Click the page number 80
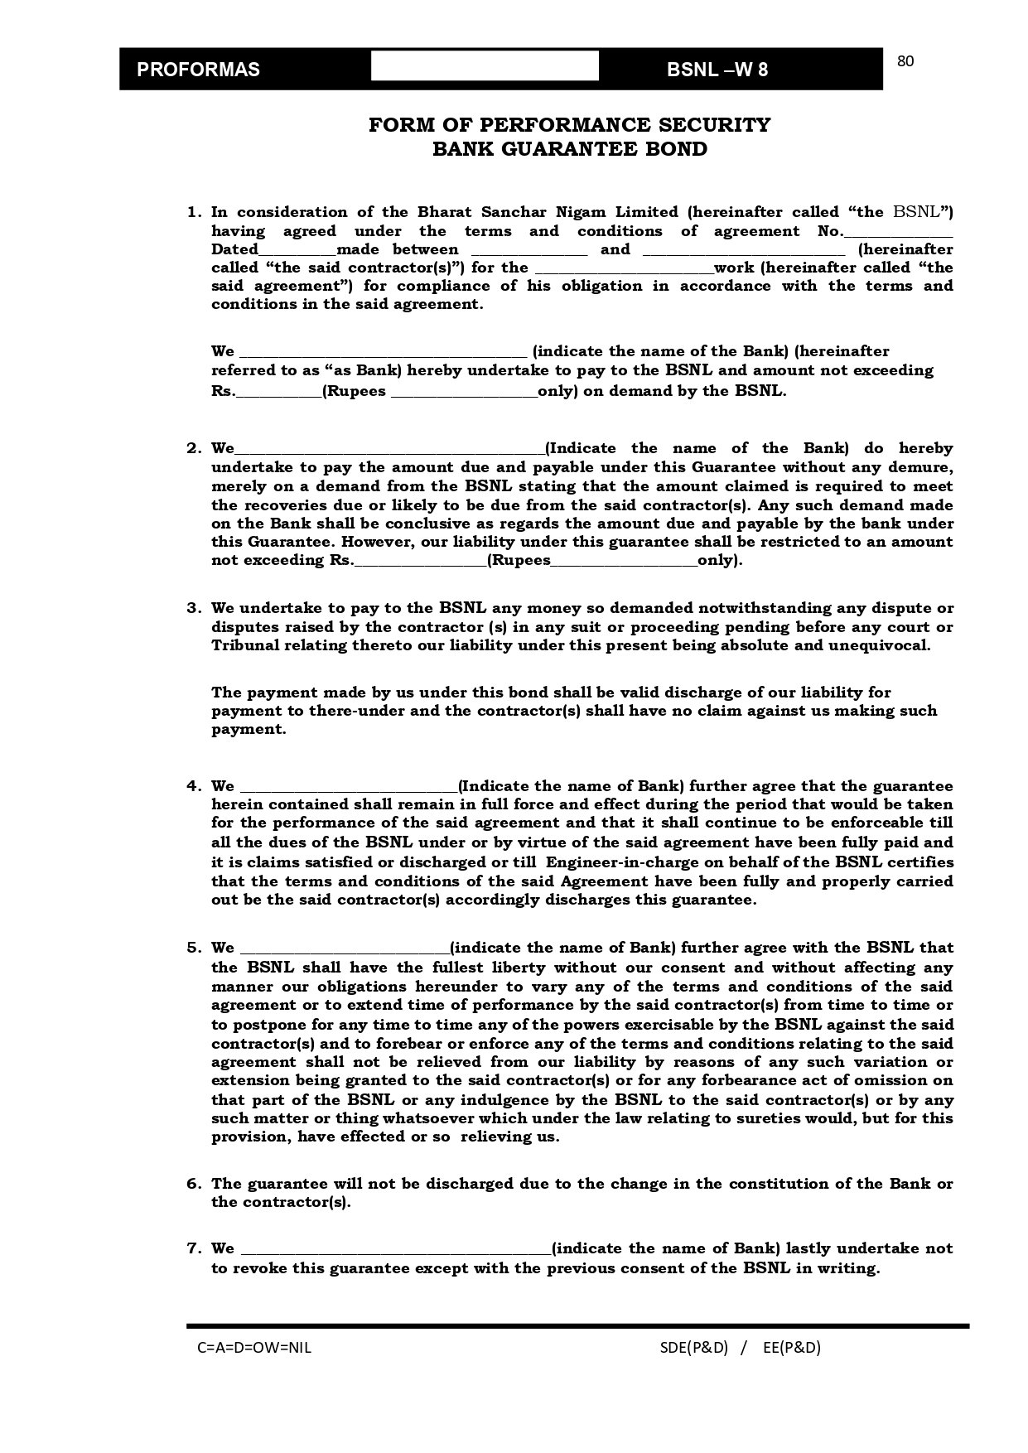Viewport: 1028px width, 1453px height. (x=905, y=61)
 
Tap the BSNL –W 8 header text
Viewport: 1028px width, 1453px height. (x=717, y=70)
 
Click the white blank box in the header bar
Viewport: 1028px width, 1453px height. (x=485, y=66)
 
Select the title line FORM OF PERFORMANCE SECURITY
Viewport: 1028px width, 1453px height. (x=569, y=125)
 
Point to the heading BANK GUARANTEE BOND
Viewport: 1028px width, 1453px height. (x=569, y=149)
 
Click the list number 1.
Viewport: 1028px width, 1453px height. (x=193, y=212)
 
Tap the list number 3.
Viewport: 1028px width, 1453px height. (x=193, y=608)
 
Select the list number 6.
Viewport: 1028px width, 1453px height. (x=193, y=1184)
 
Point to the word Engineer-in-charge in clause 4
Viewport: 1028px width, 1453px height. (x=616, y=862)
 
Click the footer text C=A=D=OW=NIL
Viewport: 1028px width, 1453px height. (x=254, y=1347)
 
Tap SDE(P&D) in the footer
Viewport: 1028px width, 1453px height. (x=693, y=1347)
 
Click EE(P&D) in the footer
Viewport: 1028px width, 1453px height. (x=791, y=1347)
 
